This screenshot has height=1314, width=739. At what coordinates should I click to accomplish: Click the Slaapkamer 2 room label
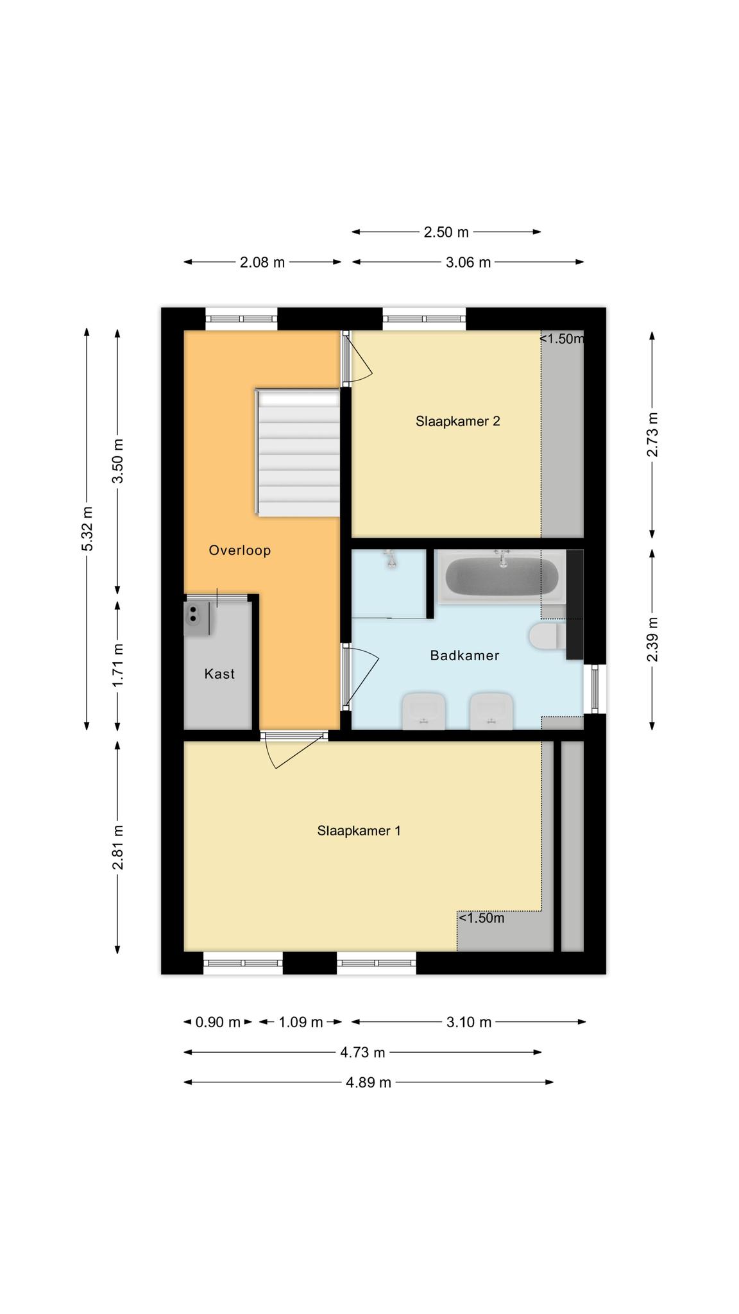pos(457,422)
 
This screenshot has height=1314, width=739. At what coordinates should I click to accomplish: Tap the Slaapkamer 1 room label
pos(359,831)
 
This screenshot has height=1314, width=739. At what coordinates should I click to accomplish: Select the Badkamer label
pos(464,656)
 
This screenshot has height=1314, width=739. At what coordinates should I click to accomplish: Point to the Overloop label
pos(240,550)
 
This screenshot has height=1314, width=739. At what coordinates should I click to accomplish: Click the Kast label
pos(219,674)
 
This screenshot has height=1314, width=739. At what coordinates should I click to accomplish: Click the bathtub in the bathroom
pos(502,577)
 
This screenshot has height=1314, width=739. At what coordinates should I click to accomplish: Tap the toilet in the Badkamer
pos(547,636)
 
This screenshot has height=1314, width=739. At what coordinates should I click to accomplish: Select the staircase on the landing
pos(297,452)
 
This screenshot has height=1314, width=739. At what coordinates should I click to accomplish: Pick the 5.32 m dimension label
pos(88,529)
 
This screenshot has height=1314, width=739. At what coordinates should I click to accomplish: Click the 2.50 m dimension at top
pos(446,232)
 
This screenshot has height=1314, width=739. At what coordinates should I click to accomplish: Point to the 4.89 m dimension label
pos(368,1083)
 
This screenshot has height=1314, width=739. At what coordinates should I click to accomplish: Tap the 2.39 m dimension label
pos(652,640)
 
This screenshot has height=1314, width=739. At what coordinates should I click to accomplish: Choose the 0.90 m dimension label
pos(217,1023)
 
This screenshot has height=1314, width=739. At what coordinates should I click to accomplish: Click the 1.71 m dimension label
pos(118,665)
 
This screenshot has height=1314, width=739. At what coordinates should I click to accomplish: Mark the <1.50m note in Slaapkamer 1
pos(481,918)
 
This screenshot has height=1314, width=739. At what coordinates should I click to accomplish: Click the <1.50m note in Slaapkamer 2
pos(561,339)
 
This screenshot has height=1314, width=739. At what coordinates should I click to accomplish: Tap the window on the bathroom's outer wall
pos(595,689)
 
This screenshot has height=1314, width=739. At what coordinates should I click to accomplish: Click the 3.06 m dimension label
pos(468,262)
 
